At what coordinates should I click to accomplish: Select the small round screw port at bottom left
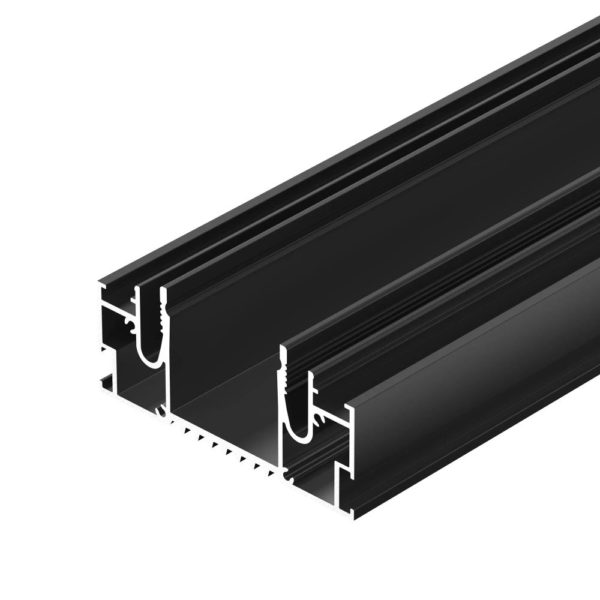point(159,412)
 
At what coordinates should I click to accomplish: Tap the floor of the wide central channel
point(228,408)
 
